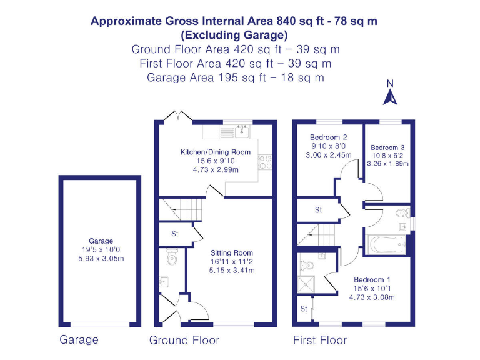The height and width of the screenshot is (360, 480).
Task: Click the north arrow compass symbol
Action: [x=390, y=94]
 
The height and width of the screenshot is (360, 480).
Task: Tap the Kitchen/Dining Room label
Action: [x=216, y=152]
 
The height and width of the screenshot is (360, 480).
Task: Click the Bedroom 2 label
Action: [x=328, y=137]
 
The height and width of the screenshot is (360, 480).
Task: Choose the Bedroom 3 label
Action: [x=388, y=147]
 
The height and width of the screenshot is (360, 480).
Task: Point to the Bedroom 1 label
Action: [x=372, y=279]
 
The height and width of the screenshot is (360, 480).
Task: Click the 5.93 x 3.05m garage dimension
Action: [x=101, y=257]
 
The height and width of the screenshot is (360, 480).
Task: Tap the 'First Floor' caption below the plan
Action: [x=319, y=341]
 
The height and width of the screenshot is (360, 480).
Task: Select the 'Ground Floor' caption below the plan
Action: [x=184, y=341]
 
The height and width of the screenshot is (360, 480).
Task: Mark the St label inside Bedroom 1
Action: [x=303, y=309]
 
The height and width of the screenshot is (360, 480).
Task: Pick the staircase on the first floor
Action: [x=317, y=236]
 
